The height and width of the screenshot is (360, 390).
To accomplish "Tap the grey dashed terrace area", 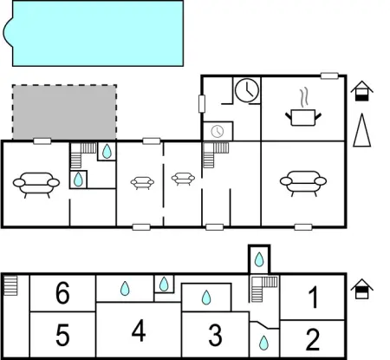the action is (x=64, y=112).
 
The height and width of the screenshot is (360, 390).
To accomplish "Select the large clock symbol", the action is (x=247, y=90).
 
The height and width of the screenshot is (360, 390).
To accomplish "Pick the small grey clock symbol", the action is (x=218, y=131).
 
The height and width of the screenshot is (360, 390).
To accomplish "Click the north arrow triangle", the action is (x=362, y=130).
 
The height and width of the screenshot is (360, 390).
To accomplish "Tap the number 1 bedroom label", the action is (x=314, y=297).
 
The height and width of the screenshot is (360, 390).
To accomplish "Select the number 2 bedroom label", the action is (x=313, y=339).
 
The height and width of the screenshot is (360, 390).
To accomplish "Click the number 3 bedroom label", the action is (x=215, y=335).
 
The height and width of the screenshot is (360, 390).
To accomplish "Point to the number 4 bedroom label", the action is (x=139, y=331).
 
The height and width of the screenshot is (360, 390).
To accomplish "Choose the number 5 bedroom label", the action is (x=62, y=335).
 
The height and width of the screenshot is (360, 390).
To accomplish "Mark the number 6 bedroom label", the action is (x=62, y=293).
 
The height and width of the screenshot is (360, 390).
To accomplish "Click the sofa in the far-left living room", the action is (x=36, y=185).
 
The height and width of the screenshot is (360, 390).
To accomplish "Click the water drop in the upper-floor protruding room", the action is (x=259, y=259).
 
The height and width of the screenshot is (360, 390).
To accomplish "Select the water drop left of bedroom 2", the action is (x=263, y=343).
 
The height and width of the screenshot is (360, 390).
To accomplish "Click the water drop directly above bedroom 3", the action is (x=206, y=298).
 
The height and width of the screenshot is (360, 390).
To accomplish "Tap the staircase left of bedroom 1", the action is (x=263, y=289).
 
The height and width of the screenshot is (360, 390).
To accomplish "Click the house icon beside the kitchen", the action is (x=362, y=91).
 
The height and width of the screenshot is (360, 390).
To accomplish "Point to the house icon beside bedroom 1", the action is (x=362, y=289).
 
